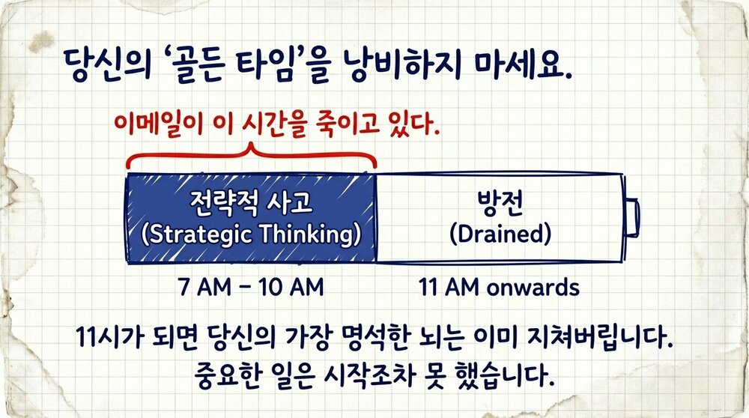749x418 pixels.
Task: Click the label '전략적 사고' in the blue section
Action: (x=250, y=202)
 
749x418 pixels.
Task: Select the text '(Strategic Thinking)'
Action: (x=251, y=234)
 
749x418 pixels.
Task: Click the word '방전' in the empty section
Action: (x=500, y=202)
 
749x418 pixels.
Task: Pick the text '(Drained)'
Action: (x=500, y=234)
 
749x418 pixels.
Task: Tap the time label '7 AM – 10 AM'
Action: (x=252, y=288)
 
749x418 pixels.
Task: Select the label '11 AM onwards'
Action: (x=500, y=288)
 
